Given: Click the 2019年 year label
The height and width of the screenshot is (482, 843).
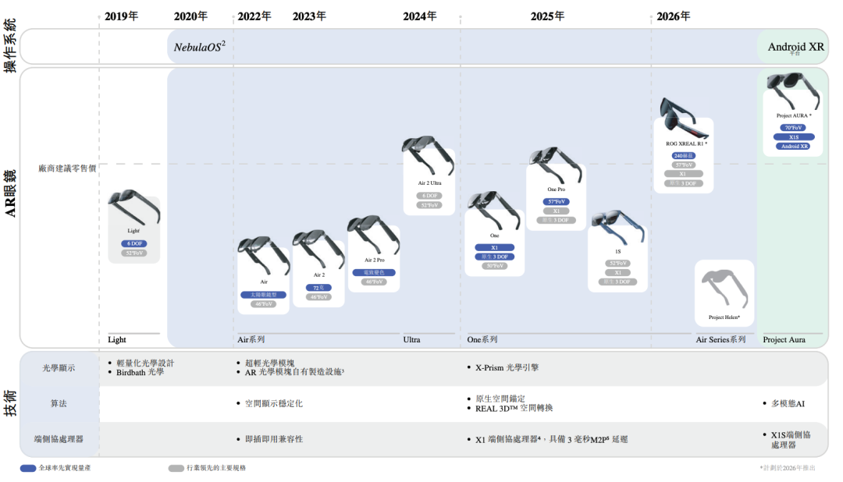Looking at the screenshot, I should (x=121, y=16).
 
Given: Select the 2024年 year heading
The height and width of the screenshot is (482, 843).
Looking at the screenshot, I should (x=420, y=16).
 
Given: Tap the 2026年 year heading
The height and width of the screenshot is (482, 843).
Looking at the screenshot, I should (x=673, y=16).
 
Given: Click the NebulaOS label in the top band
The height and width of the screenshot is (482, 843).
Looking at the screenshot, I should (x=199, y=47).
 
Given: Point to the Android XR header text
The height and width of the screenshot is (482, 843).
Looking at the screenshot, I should (x=795, y=47).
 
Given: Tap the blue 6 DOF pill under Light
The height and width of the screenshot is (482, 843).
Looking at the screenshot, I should (x=133, y=243).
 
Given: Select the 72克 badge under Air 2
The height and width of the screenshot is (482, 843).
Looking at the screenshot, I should (x=318, y=288).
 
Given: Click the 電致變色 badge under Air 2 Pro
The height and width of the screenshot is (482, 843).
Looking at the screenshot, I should (x=374, y=272).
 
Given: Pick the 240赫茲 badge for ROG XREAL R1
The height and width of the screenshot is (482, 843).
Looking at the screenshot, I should (x=683, y=155).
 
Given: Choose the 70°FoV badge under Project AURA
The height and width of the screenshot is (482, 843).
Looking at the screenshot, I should (x=793, y=127).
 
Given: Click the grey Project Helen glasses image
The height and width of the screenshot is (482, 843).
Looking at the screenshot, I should (x=724, y=289).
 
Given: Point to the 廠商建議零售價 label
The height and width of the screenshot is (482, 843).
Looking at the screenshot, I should (x=67, y=168).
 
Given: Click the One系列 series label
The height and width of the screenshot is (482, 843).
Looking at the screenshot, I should (x=482, y=339).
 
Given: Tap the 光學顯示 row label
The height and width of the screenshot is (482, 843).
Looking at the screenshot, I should (x=59, y=368).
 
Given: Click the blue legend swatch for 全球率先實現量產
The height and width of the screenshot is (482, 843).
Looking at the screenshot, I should (x=28, y=468).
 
